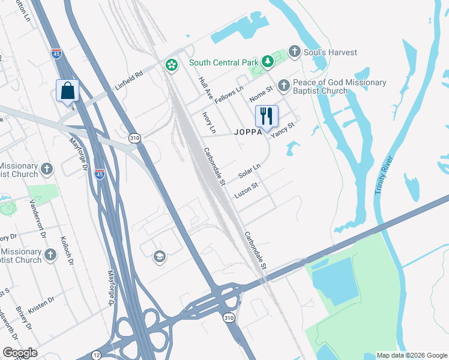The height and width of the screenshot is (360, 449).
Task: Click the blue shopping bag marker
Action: (x=67, y=91)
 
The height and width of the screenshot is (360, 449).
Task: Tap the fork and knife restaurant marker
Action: (x=266, y=115)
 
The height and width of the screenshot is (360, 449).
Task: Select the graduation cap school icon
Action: (x=159, y=256)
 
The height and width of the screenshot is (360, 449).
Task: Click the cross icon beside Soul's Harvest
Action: (x=295, y=52)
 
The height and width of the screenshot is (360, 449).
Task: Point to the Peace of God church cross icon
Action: (x=283, y=86)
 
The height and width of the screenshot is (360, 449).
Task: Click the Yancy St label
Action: (x=283, y=130)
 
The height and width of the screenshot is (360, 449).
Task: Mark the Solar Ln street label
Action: (x=249, y=172)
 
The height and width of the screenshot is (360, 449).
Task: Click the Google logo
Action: (x=20, y=353)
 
